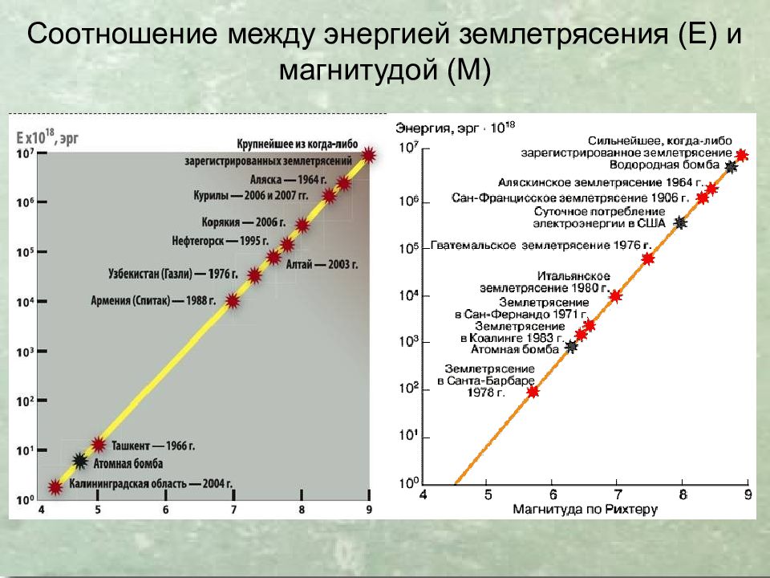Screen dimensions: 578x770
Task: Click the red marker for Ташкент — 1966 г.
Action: coord(99,444)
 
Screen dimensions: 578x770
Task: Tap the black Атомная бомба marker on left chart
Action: coord(80,461)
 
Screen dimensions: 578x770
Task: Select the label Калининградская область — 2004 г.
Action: coord(151,484)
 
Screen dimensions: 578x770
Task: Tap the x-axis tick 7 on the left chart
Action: coord(233,509)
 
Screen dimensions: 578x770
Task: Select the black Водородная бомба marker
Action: coord(731,167)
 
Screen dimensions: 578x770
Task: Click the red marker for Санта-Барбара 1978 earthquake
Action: coord(533,391)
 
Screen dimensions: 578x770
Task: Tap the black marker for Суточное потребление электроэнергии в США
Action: coord(681,223)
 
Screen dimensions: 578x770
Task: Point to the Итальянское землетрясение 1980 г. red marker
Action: coord(615,296)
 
